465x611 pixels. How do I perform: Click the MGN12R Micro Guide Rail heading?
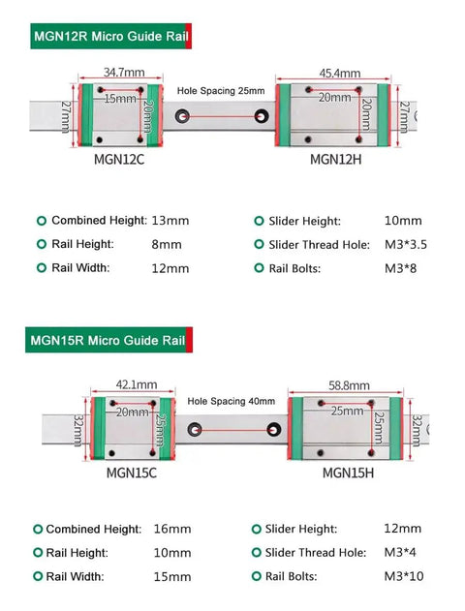coord(111,36)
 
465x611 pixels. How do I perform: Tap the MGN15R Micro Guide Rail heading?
coord(108,340)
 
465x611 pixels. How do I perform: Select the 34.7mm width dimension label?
coord(124,72)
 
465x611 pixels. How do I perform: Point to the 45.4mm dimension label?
coord(339,73)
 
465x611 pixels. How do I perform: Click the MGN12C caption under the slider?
coord(119,159)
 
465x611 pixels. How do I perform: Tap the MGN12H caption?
coord(335,159)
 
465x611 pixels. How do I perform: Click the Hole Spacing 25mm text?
coord(221,91)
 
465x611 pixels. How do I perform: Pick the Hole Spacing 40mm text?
coord(232,401)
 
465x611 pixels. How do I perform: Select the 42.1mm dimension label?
coord(137,384)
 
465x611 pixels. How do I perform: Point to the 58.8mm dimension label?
coord(349,385)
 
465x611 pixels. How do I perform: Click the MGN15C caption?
coord(132,473)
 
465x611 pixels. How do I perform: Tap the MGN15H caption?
coord(348,473)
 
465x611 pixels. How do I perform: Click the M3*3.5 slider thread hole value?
coord(406,244)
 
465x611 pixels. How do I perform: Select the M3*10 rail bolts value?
coord(404,576)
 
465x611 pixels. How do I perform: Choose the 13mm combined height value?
coord(170,221)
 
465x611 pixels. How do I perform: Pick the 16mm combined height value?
coord(172,529)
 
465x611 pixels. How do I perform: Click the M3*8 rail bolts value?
coord(401,268)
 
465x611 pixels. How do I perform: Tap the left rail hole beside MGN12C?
coord(182,116)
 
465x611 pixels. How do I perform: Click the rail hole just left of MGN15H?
coord(274,430)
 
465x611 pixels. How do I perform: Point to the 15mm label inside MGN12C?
coord(120,99)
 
